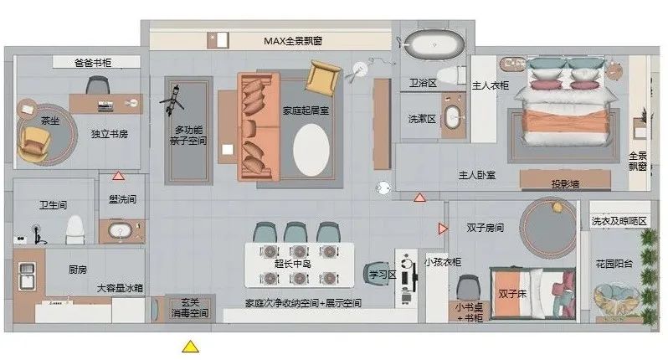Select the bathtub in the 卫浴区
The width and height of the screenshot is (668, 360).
click(427, 42)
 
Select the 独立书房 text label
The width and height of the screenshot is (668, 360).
click(109, 134)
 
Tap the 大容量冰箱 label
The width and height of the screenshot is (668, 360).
click(119, 288)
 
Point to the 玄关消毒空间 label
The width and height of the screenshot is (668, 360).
click(188, 307)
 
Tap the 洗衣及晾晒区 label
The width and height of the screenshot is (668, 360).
click(619, 221)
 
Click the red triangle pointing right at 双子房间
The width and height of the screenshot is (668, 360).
click(442, 229)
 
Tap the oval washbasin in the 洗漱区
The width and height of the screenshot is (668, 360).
click(453, 116)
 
